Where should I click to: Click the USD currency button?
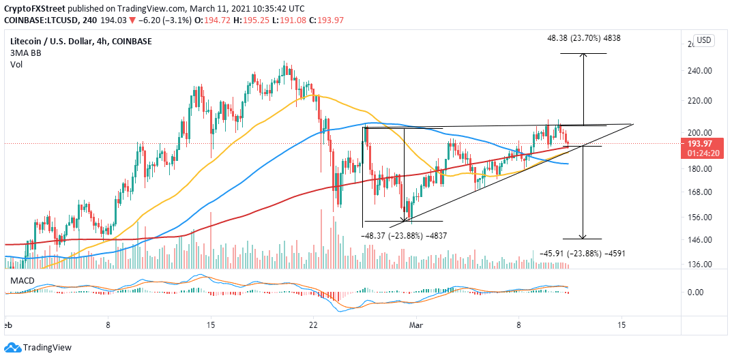click(704, 40)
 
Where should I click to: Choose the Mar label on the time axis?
click(416, 326)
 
